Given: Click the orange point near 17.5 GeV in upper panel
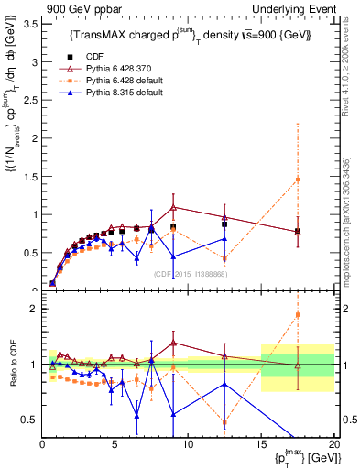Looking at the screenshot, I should (x=298, y=180).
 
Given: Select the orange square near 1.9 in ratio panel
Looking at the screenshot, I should (x=298, y=314).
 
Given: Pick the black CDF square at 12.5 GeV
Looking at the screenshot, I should (x=224, y=224).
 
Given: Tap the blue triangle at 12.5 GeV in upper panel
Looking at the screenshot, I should (x=224, y=238).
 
